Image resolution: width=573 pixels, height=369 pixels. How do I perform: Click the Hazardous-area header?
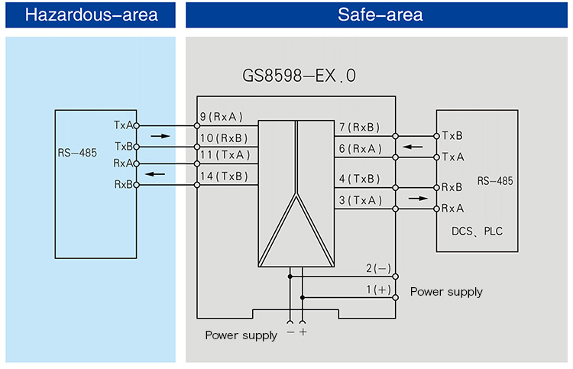pyautogui.click(x=91, y=15)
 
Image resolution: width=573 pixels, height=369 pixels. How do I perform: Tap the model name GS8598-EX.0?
pyautogui.click(x=299, y=76)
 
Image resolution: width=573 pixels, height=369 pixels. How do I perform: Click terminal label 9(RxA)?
pyautogui.click(x=220, y=118)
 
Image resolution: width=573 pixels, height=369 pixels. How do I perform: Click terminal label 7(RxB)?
pyautogui.click(x=358, y=128)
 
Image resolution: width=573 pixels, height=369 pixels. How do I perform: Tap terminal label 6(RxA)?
pyautogui.click(x=358, y=149)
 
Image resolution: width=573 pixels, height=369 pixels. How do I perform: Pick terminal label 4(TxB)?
pyautogui.click(x=358, y=179)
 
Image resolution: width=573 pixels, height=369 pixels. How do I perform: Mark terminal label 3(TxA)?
pyautogui.click(x=358, y=200)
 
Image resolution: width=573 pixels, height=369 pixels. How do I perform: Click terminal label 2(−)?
pyautogui.click(x=377, y=268)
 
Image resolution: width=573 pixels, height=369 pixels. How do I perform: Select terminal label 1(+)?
pyautogui.click(x=377, y=290)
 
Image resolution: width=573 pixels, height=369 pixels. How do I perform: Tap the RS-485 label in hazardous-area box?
pyautogui.click(x=77, y=153)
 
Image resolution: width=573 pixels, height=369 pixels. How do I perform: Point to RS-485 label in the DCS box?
pyautogui.click(x=495, y=181)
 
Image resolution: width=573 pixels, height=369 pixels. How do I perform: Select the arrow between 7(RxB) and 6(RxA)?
pyautogui.click(x=413, y=146)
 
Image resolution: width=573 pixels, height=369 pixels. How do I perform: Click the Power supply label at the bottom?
pyautogui.click(x=241, y=335)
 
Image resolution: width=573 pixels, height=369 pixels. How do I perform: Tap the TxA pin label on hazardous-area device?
pyautogui.click(x=122, y=125)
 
